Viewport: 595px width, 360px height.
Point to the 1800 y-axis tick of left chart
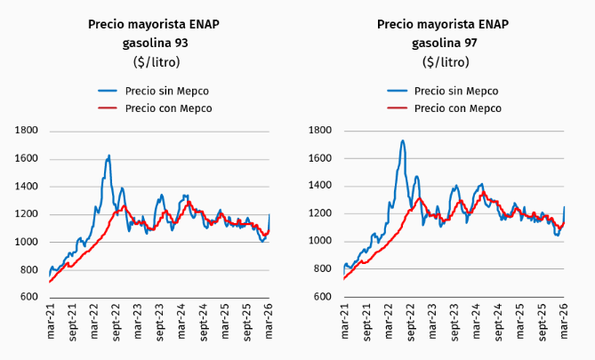[x=26, y=131]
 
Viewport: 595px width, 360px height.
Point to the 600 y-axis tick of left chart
[x=28, y=297]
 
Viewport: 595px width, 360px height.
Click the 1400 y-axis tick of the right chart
[x=319, y=186]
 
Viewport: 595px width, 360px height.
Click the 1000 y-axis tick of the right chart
[x=319, y=242]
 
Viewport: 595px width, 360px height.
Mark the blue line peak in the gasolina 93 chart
[x=109, y=156]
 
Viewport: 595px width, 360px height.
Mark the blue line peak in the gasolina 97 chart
[x=403, y=140]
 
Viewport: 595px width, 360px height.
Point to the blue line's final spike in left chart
[x=269, y=216]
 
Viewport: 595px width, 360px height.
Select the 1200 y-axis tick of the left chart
[x=26, y=214]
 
